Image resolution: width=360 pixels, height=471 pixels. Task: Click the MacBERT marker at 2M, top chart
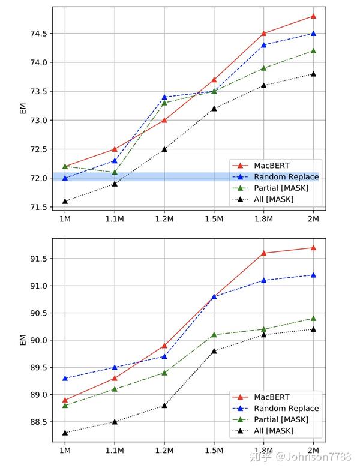313,16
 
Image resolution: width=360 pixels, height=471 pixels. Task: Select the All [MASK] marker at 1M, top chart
65,201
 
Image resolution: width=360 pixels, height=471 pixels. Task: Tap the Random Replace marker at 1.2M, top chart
164,97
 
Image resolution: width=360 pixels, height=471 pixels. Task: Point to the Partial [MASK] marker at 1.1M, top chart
115,172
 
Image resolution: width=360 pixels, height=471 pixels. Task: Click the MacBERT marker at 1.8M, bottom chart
264,253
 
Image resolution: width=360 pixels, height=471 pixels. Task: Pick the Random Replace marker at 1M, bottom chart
65,378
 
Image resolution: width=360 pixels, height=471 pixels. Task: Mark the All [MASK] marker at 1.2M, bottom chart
164,406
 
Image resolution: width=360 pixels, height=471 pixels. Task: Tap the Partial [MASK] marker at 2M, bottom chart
313,318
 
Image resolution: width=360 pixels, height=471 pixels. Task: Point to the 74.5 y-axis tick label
37,34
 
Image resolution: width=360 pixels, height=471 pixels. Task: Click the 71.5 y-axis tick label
37,207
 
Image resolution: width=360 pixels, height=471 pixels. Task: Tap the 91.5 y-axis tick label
37,259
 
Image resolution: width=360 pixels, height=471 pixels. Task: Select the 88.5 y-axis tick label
37,422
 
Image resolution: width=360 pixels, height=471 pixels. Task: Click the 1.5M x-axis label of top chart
214,219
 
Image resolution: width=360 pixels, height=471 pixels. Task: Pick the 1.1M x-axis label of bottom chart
115,451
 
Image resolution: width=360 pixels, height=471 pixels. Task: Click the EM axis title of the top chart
23,108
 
